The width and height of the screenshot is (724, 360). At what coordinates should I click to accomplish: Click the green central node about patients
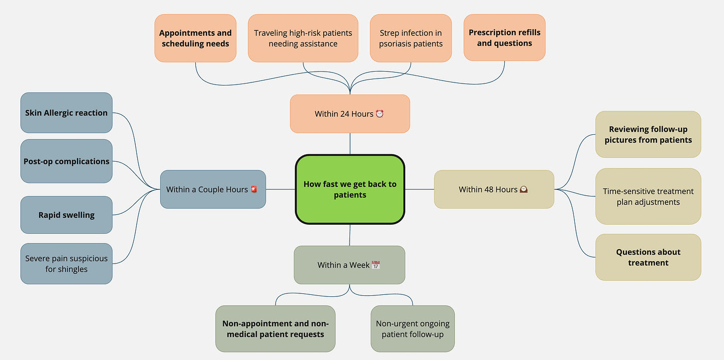[350, 189]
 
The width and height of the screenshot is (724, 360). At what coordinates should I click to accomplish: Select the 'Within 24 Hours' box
[350, 114]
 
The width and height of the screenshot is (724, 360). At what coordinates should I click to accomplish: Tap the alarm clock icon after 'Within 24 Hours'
[379, 114]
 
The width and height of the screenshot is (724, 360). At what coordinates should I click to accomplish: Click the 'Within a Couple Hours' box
[213, 189]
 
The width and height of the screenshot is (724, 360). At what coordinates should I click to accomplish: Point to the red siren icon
[254, 189]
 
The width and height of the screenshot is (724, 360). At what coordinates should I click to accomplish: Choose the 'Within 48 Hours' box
[494, 189]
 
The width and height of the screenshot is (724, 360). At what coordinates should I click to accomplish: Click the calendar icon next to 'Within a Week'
[376, 265]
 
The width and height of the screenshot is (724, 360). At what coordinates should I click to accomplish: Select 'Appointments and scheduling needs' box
[195, 38]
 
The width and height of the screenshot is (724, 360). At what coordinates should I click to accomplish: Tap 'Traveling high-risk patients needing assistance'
[303, 38]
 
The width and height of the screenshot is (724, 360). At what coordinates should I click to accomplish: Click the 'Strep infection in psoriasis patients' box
[411, 38]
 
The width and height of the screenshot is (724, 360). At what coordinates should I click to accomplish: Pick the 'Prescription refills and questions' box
[504, 38]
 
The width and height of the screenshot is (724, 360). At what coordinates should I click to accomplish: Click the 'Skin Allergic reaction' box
[66, 113]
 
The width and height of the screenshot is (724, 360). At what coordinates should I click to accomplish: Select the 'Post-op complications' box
[66, 162]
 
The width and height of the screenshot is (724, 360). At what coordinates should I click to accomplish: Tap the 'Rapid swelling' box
[66, 215]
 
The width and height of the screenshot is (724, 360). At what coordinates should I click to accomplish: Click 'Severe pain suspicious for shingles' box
[66, 264]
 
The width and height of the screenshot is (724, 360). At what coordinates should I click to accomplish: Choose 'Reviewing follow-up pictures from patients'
[648, 135]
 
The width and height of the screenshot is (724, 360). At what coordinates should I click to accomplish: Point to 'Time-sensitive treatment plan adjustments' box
[648, 196]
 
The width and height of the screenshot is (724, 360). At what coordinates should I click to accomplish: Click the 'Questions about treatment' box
[648, 258]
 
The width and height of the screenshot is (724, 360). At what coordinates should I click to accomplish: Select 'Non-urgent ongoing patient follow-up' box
[413, 329]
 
